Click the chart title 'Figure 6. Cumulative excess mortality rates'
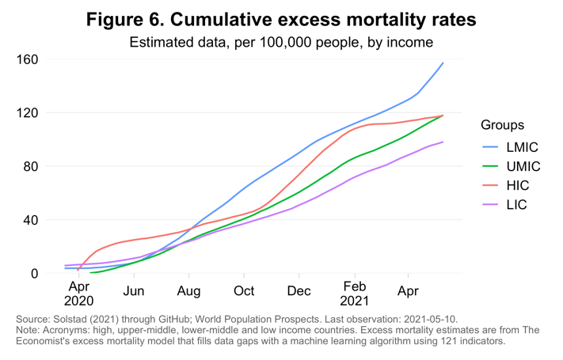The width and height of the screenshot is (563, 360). [281, 18]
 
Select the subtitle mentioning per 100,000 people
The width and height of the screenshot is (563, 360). [281, 42]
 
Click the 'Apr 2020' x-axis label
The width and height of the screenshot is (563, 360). [79, 294]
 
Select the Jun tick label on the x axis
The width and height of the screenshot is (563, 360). [134, 290]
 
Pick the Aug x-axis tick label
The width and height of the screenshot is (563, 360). [189, 290]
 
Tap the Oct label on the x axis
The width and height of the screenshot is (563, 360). [244, 290]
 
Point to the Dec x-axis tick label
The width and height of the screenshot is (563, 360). [299, 290]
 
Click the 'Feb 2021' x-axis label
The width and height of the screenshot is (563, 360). [354, 294]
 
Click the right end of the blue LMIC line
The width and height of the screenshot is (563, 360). [443, 63]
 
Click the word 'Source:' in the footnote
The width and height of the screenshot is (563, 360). [34, 319]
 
